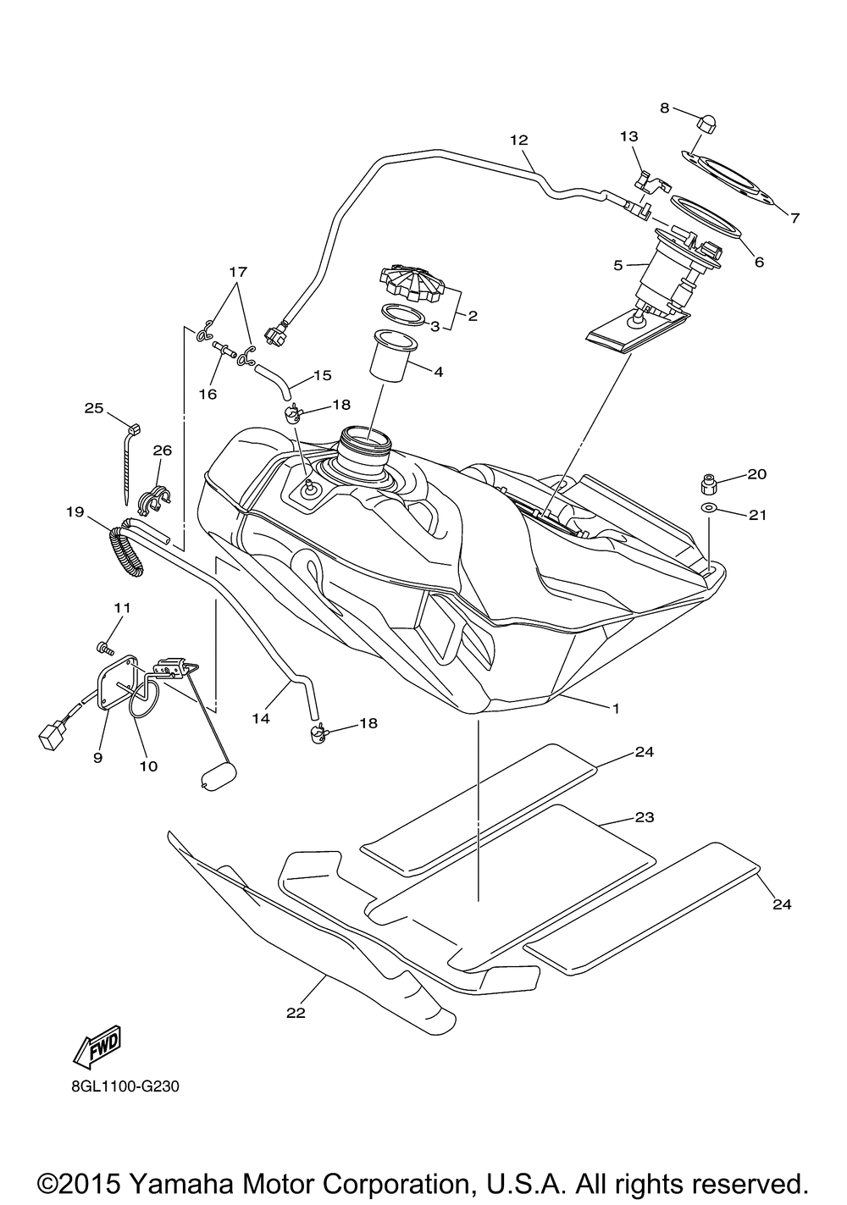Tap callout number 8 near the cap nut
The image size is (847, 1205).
[x=665, y=108]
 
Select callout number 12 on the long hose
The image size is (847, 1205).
[x=519, y=140]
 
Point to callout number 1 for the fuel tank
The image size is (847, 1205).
[x=616, y=708]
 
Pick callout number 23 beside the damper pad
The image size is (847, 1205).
[x=644, y=832]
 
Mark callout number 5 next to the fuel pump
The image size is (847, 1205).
[x=617, y=265]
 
